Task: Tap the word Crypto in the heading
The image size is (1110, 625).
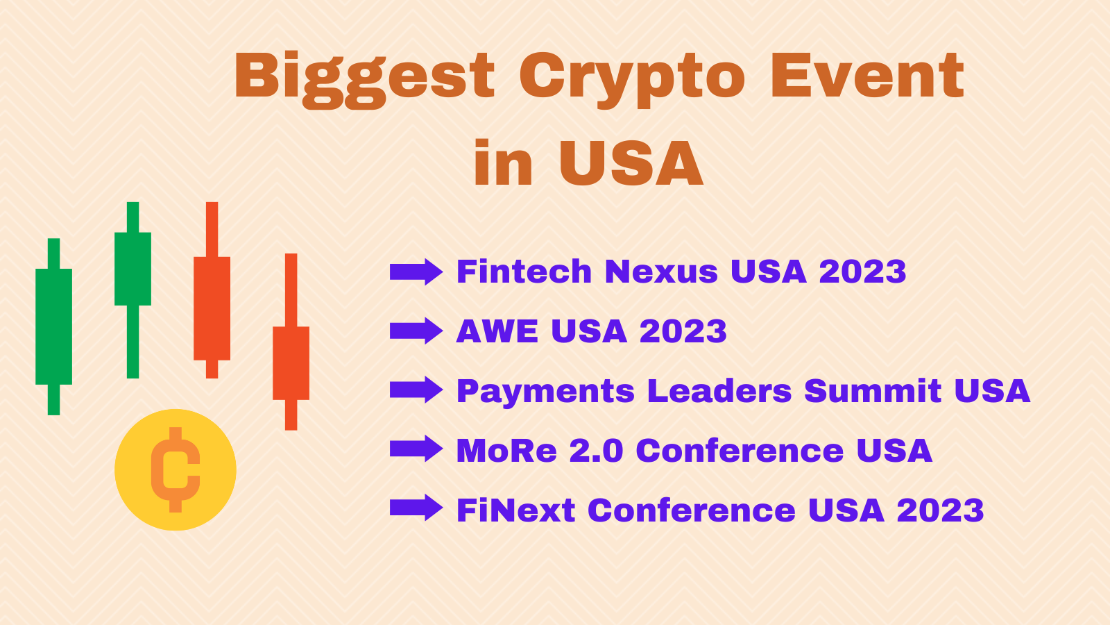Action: (631, 76)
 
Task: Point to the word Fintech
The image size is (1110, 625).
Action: (524, 272)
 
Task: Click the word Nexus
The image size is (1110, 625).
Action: (660, 272)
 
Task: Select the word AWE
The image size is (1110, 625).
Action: (497, 331)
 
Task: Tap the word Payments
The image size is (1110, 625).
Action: (545, 391)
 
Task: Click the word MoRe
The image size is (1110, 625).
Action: (506, 451)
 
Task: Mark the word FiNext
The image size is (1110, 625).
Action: (516, 510)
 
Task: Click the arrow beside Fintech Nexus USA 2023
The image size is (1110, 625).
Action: (416, 272)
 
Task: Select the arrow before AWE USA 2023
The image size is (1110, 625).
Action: (416, 331)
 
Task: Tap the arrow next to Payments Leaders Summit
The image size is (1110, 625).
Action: (416, 390)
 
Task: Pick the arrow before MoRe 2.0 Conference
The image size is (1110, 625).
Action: (416, 450)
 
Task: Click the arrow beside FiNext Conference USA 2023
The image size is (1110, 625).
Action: (416, 509)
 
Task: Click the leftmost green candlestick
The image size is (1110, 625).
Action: (53, 326)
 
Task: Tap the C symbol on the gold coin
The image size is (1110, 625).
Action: (176, 469)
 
